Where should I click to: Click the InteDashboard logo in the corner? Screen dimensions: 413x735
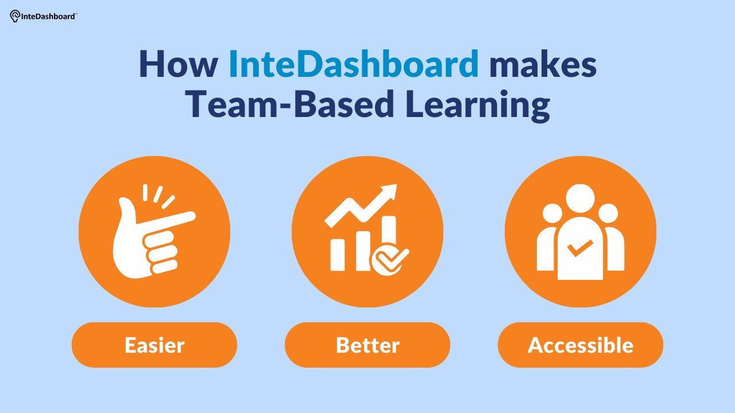(x=44, y=16)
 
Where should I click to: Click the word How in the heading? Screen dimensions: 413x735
(x=178, y=65)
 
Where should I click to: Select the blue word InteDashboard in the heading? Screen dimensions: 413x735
(x=353, y=65)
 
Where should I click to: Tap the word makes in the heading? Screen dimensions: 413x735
(x=543, y=65)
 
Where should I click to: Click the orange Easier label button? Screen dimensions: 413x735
(x=154, y=345)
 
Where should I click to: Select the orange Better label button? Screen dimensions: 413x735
(x=367, y=345)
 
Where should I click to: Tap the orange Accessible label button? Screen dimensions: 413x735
(x=581, y=345)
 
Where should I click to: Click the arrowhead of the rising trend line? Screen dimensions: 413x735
(x=390, y=191)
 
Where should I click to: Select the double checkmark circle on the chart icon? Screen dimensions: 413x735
(x=390, y=259)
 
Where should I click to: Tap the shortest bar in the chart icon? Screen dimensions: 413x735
(x=338, y=254)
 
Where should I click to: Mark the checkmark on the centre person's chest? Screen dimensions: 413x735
(x=580, y=248)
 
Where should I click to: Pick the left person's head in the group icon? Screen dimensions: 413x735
(x=552, y=214)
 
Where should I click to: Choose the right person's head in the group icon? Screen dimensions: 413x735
(x=608, y=214)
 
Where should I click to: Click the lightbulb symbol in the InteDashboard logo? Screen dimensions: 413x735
(x=15, y=17)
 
